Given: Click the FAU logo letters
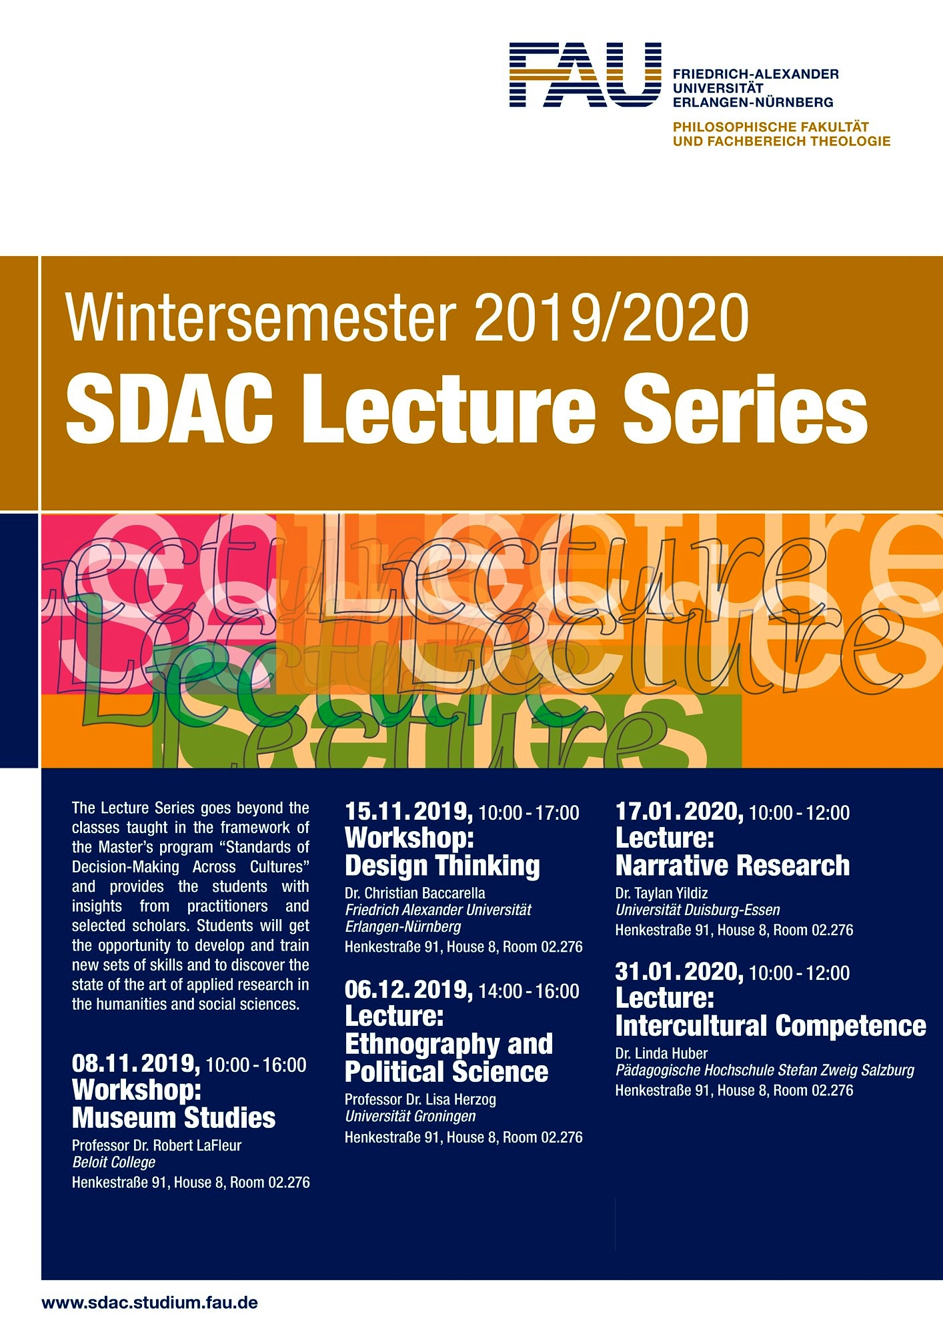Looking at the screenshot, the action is point(586,75).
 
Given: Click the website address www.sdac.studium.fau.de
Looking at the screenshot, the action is point(149,1302).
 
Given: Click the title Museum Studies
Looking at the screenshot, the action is point(173,1117).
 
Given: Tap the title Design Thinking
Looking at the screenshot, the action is point(442,866).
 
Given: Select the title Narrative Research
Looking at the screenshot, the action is point(732,866).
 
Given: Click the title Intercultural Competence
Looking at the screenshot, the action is point(771,1026).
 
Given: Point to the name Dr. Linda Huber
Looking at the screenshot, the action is point(662,1053).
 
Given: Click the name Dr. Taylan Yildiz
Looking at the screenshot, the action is point(662,892).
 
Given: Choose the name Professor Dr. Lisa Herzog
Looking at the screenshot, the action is point(420,1099).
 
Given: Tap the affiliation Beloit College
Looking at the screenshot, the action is point(113,1162).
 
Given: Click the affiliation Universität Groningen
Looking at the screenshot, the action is point(410,1116).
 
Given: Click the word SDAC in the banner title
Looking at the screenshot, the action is point(169,408).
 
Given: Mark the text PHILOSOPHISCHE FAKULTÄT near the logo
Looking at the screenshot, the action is point(771,126).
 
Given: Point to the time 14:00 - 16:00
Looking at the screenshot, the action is point(529,991).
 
